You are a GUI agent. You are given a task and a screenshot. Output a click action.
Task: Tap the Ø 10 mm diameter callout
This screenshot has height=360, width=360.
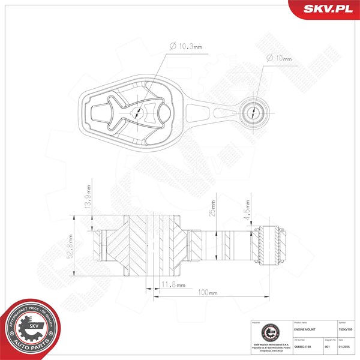coord(278,59)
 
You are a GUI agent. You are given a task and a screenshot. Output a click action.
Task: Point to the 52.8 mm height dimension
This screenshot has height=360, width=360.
coord(71,246)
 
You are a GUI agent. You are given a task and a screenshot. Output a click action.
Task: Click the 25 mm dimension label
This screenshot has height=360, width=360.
coord(213,208)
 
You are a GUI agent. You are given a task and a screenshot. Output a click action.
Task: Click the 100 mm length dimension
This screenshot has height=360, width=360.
coord(208,292)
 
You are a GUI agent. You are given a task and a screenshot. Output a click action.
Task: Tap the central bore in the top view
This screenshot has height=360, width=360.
coord(139,112)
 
